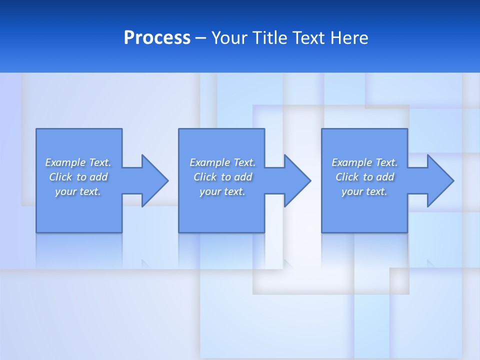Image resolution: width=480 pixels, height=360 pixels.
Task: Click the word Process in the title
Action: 157,38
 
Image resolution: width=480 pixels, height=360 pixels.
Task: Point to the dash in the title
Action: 200,38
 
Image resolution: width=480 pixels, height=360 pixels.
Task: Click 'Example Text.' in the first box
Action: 78,162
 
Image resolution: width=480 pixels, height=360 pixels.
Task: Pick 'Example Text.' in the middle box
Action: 222,162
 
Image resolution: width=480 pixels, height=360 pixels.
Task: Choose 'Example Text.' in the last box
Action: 364,162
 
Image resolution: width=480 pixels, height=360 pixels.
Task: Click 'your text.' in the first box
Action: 78,191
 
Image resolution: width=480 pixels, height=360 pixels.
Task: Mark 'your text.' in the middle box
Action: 222,191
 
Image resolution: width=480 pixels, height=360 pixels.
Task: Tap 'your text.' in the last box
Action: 364,191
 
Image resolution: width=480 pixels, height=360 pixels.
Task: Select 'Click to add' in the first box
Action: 78,177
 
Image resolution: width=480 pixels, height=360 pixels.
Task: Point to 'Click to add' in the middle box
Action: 222,177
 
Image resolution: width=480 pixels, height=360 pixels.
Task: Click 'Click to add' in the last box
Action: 364,177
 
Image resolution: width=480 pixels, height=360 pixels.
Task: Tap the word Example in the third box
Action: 352,162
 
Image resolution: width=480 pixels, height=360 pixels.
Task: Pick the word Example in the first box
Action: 65,162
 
